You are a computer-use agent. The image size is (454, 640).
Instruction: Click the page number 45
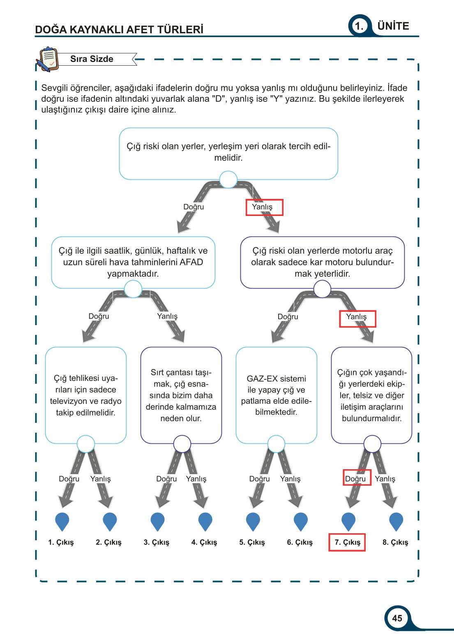397,618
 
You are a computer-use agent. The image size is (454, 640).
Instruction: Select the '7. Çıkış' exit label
347,542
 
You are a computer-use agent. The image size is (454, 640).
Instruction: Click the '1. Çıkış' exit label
61,542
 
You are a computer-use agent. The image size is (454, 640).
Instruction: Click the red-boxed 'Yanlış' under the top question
262,207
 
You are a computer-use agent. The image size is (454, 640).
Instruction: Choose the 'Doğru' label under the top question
194,207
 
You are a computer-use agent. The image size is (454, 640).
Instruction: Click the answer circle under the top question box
228,180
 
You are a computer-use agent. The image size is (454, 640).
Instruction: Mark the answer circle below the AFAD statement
133,289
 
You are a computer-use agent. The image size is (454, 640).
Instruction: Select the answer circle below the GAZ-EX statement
276,444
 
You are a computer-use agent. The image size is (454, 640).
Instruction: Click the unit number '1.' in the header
359,26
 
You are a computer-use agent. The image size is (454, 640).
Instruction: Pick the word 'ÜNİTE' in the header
393,26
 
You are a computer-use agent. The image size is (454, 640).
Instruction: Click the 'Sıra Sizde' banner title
92,59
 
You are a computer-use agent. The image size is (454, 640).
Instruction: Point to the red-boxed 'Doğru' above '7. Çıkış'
355,479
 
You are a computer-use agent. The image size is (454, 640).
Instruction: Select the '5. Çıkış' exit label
252,542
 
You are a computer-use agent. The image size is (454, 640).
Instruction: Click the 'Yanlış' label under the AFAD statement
167,316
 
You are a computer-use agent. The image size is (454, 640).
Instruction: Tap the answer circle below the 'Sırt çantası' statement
182,444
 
